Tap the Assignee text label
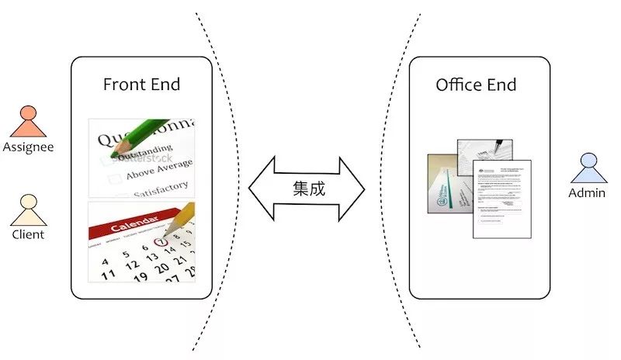point(27,147)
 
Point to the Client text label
point(28,234)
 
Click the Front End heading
point(141,85)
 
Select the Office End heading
point(476,85)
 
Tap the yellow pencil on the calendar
point(178,220)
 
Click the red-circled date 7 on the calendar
point(161,243)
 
